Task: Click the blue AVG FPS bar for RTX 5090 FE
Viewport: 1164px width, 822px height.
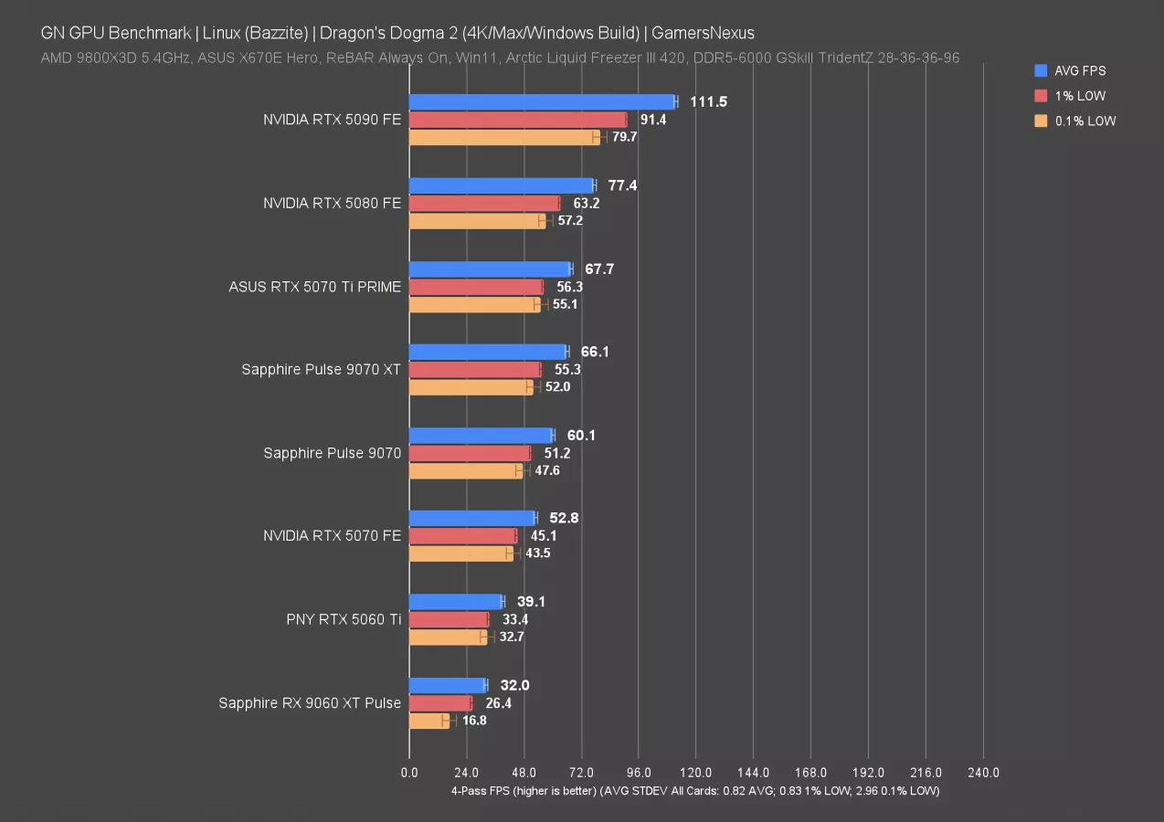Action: point(543,101)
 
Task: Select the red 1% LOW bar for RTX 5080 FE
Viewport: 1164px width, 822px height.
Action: point(484,203)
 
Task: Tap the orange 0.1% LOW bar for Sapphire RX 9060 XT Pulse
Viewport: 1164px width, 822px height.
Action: point(429,721)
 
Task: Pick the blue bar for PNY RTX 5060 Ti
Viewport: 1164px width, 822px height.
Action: point(456,602)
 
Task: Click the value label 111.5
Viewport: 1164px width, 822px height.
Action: point(708,101)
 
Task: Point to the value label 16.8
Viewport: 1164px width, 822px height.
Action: point(475,721)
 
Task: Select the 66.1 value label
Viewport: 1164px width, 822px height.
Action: point(595,352)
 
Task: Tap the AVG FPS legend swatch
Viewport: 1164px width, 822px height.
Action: point(1041,70)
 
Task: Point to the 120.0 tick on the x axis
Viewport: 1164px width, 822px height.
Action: point(696,773)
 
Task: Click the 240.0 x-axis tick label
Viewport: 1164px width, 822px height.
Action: point(983,773)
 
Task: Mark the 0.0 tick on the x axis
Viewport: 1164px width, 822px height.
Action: point(409,773)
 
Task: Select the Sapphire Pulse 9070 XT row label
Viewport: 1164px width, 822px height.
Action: point(321,369)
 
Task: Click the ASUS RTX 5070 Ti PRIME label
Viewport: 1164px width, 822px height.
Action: point(314,287)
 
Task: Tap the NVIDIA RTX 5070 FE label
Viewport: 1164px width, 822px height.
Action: point(332,535)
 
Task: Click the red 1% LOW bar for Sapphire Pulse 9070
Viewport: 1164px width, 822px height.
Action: point(470,453)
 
